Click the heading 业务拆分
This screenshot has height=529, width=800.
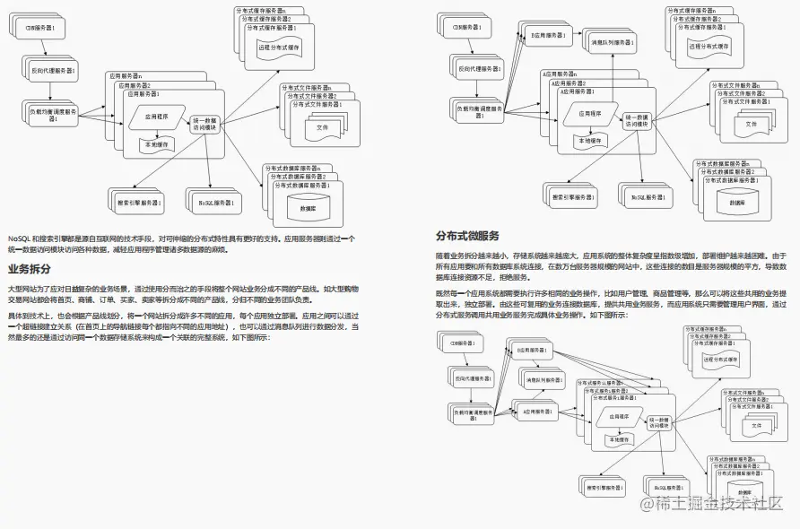pos(29,268)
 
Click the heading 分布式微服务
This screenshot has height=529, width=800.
pos(467,236)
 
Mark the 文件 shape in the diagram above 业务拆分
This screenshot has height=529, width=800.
pos(322,127)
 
